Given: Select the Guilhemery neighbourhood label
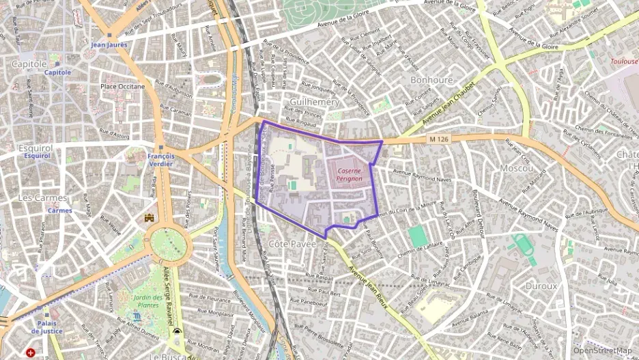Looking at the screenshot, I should tap(314, 101).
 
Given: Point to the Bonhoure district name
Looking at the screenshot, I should tap(431, 80).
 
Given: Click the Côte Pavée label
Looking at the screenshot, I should tap(292, 243).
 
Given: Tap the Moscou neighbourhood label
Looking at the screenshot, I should tap(516, 167).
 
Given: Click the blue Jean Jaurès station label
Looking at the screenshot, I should tap(109, 44).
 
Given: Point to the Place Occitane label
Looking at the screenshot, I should tap(122, 87).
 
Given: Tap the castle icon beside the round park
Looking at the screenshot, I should tap(150, 217).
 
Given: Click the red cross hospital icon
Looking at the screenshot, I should tap(31, 353).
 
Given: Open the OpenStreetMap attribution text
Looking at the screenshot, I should tap(602, 351).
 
